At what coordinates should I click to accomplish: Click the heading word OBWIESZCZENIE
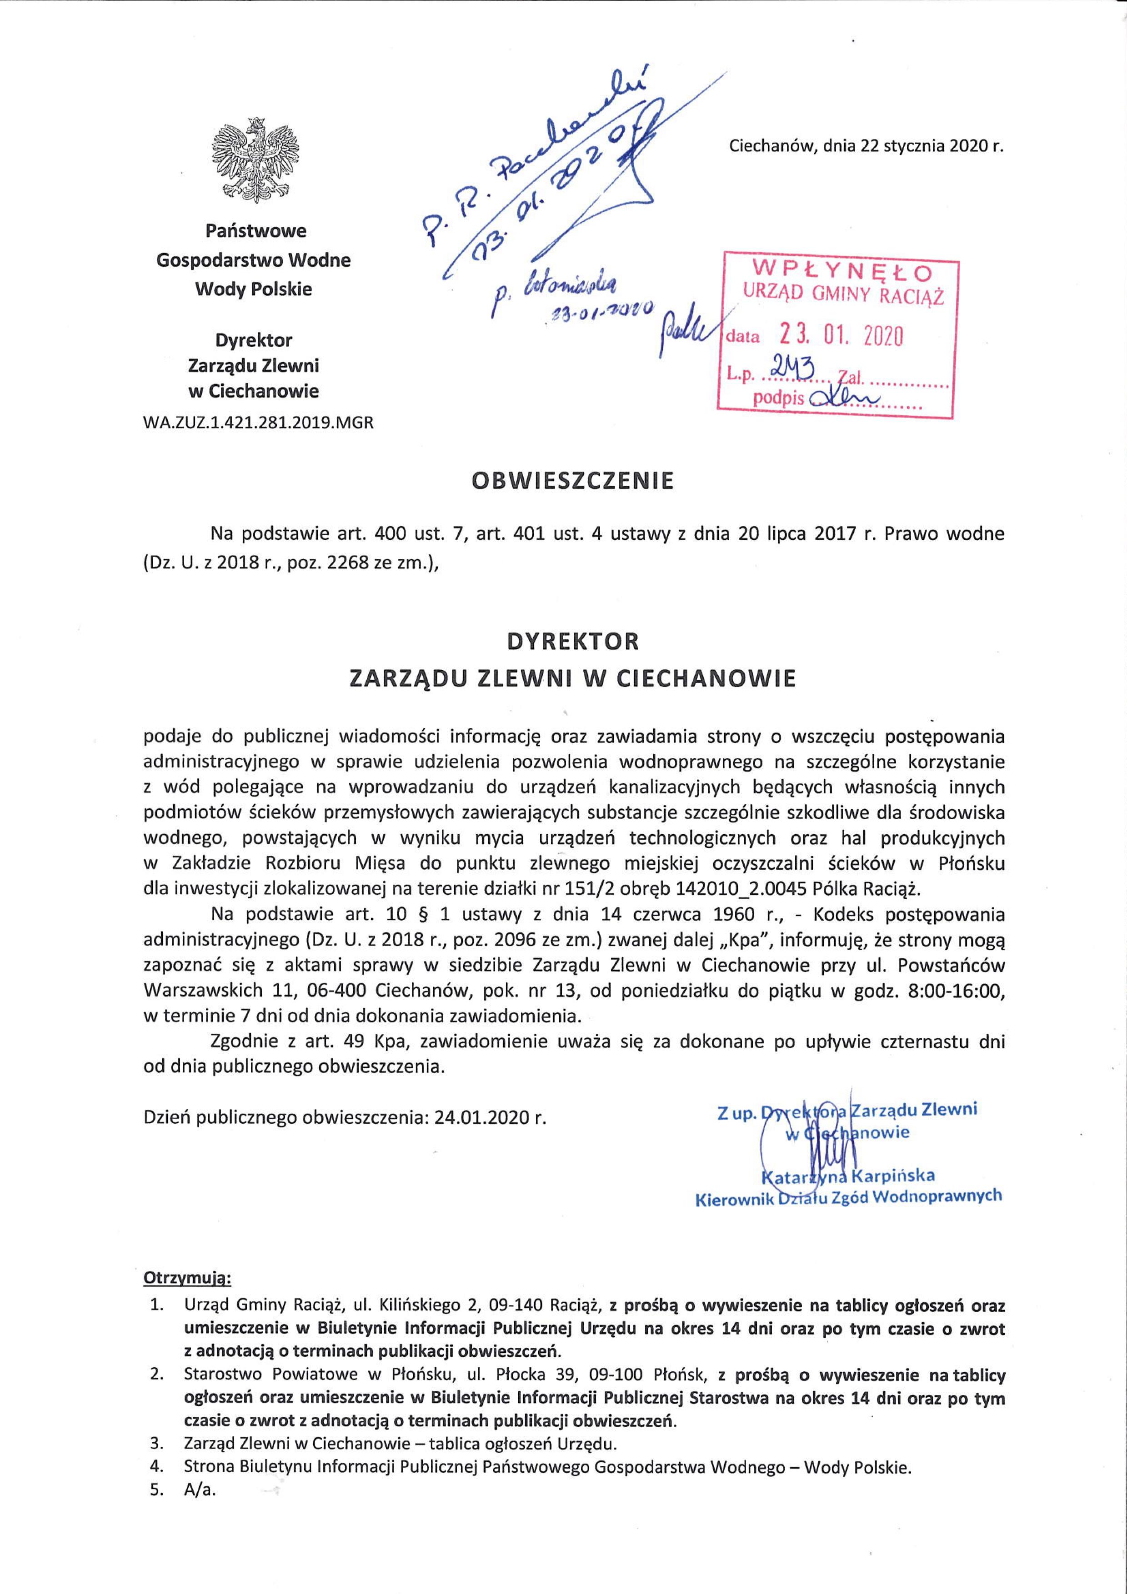[x=572, y=481]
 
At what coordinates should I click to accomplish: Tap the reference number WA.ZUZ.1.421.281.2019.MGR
[x=258, y=422]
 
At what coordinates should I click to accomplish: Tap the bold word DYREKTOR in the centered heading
[x=572, y=640]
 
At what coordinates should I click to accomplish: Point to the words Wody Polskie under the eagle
[x=254, y=289]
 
